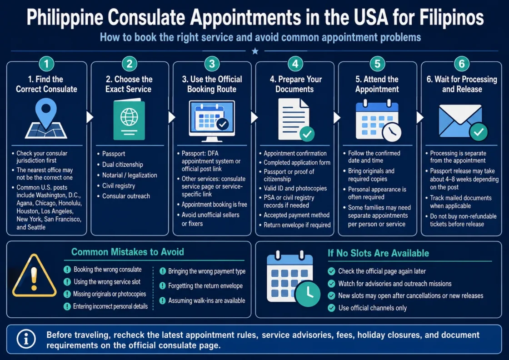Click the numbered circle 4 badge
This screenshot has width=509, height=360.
tap(295, 64)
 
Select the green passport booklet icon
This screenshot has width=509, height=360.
tap(129, 119)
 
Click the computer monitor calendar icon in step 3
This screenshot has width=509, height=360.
tap(212, 121)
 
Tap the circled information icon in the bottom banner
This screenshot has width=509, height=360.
tap(26, 339)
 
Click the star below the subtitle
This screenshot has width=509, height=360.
tap(255, 51)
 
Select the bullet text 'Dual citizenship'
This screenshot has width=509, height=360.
tap(122, 165)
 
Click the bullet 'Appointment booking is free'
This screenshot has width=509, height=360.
tap(214, 205)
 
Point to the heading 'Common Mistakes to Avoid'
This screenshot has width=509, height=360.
tap(128, 252)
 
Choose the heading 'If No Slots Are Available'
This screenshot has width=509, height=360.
tap(378, 253)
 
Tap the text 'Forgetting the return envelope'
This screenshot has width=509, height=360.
tap(205, 286)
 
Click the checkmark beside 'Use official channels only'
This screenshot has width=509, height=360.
tap(331, 308)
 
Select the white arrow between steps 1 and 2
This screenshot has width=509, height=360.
tap(90, 117)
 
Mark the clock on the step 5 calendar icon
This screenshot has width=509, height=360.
tap(391, 132)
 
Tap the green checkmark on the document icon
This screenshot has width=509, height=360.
tap(307, 134)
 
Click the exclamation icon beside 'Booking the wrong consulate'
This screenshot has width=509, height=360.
tap(67, 270)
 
